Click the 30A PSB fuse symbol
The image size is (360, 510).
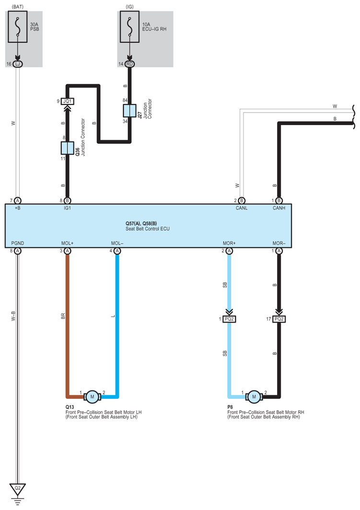point(18,28)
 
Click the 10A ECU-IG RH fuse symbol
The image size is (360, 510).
point(129,28)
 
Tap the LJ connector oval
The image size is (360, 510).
point(18,64)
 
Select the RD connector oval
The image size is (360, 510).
point(129,64)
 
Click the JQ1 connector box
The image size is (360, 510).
point(67,102)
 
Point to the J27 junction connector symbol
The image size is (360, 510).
point(129,110)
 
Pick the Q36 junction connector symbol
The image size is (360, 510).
point(67,149)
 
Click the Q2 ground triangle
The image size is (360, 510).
point(18,489)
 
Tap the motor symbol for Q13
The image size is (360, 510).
point(91,396)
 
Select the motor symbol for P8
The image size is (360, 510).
point(254,396)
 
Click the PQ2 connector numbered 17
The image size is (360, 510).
point(279,319)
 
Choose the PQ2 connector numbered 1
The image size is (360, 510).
point(230,319)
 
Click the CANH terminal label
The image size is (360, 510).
point(279,209)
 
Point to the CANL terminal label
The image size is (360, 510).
point(241,209)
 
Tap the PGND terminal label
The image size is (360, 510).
point(17,243)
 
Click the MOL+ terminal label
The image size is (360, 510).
point(67,243)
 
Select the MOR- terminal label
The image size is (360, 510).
point(278,243)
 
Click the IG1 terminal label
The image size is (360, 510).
point(67,209)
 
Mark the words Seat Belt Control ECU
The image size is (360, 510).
point(148,229)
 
